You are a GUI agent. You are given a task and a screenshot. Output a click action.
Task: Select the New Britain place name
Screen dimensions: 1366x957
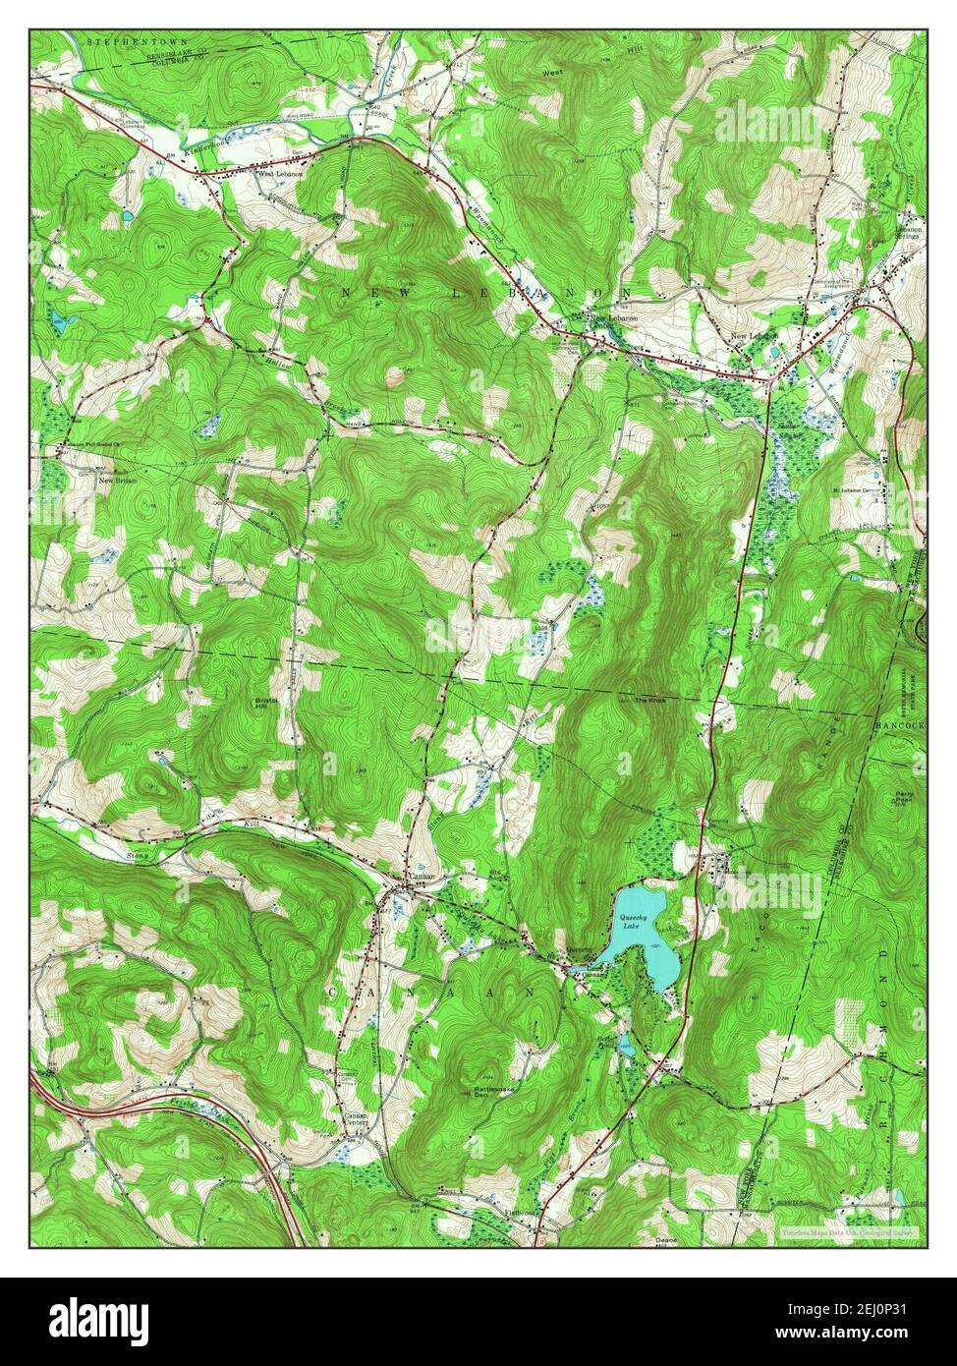[115, 481]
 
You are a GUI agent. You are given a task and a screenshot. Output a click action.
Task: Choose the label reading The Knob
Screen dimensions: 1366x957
[649, 701]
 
